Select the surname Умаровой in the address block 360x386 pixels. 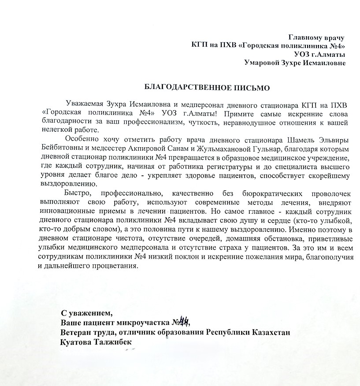[x=263, y=63]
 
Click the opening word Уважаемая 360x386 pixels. [x=84, y=104]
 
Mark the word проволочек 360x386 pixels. [x=329, y=194]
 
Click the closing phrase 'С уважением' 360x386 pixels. [x=87, y=314]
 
